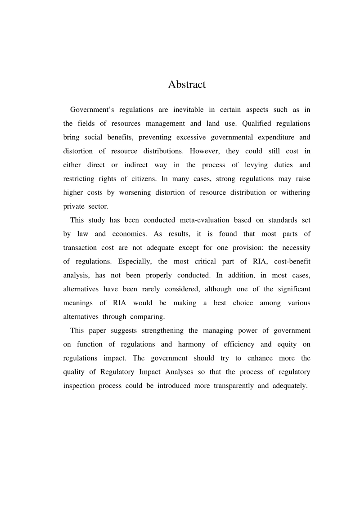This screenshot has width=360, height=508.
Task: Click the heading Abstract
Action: (x=187, y=85)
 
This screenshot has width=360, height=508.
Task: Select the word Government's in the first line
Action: (x=92, y=110)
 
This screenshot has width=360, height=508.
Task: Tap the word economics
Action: (x=138, y=234)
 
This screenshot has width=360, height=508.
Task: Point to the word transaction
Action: (x=81, y=248)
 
